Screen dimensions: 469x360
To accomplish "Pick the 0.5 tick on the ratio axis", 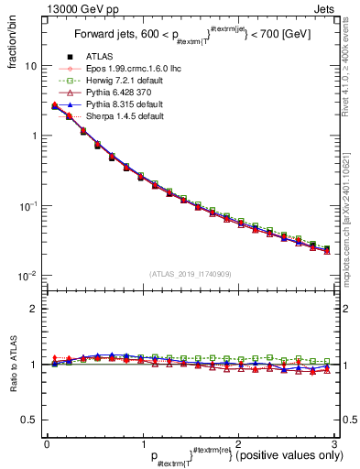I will [29, 420].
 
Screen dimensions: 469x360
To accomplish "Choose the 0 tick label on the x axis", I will [47, 444].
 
